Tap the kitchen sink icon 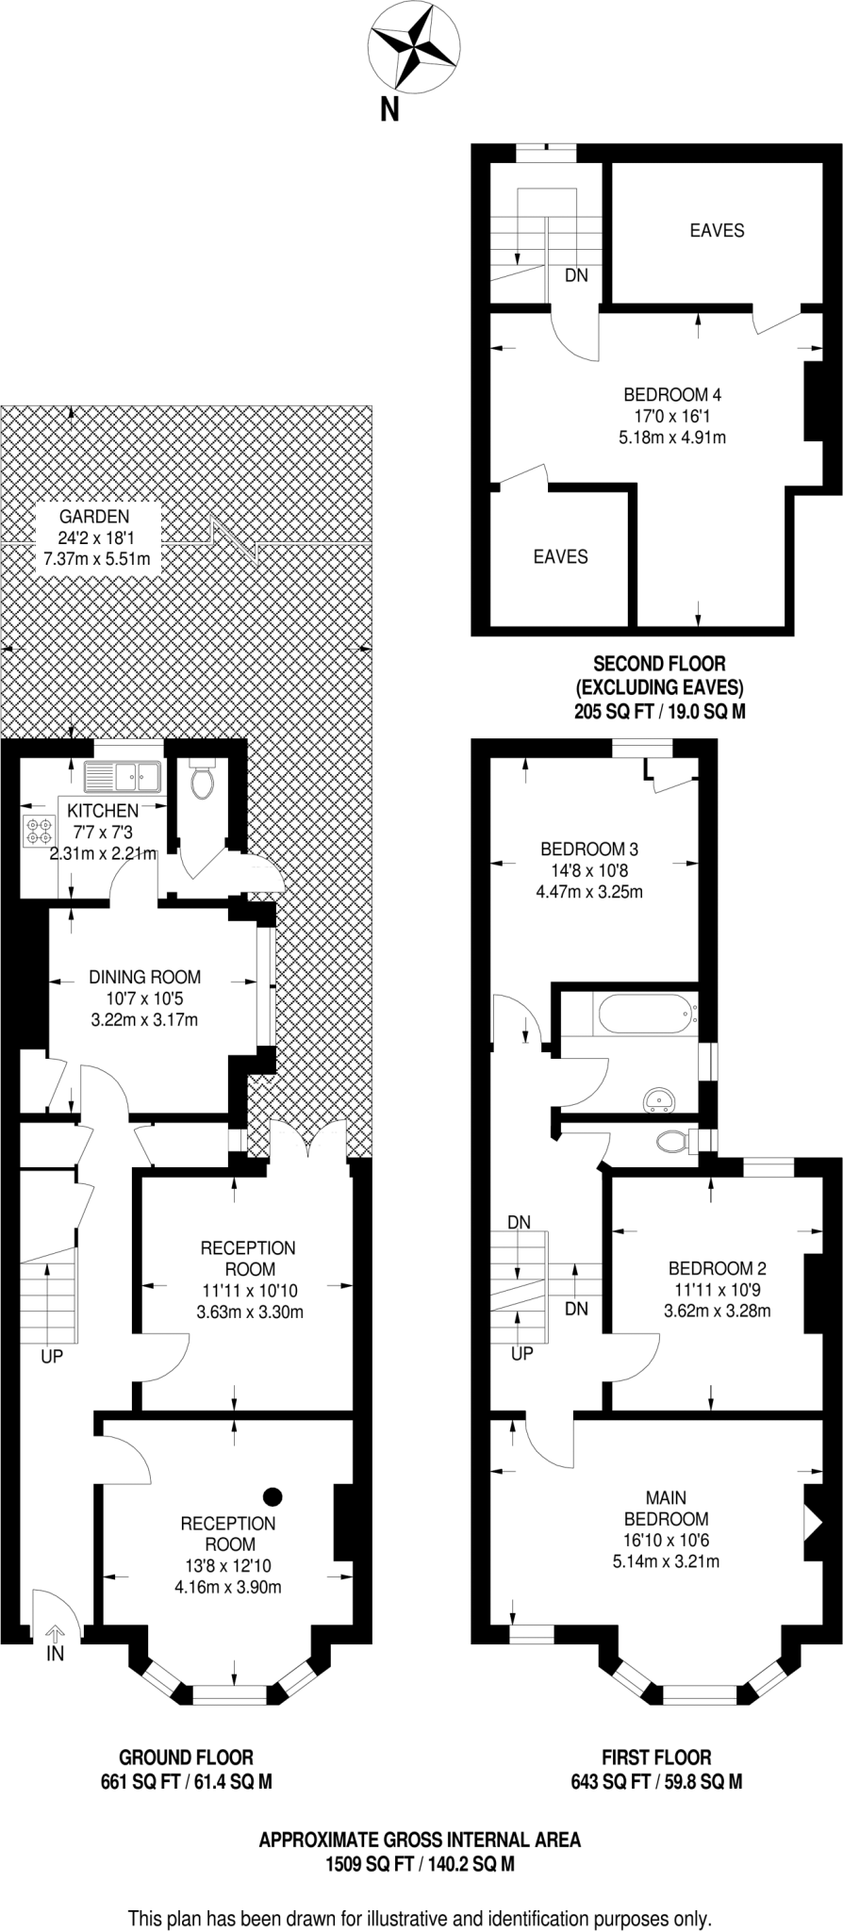tap(124, 777)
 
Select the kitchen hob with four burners tap(41, 829)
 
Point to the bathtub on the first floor tap(646, 1014)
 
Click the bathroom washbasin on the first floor tap(659, 1098)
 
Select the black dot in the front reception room tap(273, 1495)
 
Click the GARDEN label tap(94, 517)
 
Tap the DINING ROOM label tap(144, 978)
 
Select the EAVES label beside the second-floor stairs tap(717, 230)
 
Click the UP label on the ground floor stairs tap(51, 1357)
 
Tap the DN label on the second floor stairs tap(576, 275)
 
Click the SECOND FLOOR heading tap(659, 664)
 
